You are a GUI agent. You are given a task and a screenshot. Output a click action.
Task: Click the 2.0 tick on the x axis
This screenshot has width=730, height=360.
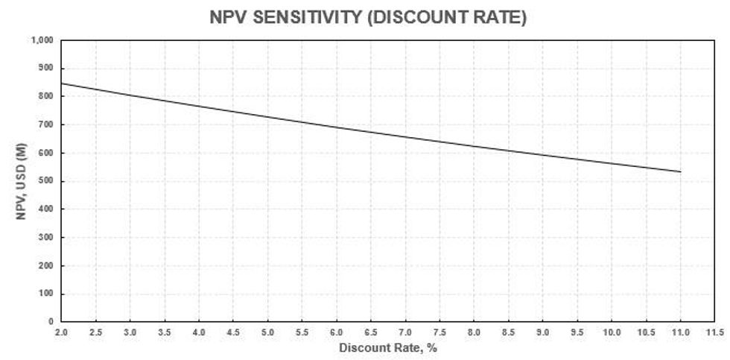pyautogui.click(x=61, y=331)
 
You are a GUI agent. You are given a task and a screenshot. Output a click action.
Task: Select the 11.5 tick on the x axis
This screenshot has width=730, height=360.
pyautogui.click(x=715, y=331)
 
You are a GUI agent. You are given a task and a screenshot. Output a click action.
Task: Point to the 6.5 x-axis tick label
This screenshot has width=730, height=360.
pyautogui.click(x=371, y=331)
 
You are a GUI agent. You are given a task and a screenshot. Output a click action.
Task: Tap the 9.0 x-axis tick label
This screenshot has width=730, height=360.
pyautogui.click(x=543, y=331)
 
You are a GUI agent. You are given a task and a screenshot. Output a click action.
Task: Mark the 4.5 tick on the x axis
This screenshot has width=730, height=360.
pyautogui.click(x=233, y=331)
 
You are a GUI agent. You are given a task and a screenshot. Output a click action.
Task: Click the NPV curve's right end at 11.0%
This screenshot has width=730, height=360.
pyautogui.click(x=680, y=172)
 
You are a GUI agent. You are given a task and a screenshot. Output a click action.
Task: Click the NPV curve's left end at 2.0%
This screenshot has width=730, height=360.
pyautogui.click(x=61, y=83)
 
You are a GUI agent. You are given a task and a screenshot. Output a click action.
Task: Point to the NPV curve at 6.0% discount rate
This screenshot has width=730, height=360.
pyautogui.click(x=337, y=127)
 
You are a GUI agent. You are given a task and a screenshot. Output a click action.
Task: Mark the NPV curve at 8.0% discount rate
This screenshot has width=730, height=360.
pyautogui.click(x=474, y=146)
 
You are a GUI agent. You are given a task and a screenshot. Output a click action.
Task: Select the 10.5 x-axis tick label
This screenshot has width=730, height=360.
pyautogui.click(x=646, y=331)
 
